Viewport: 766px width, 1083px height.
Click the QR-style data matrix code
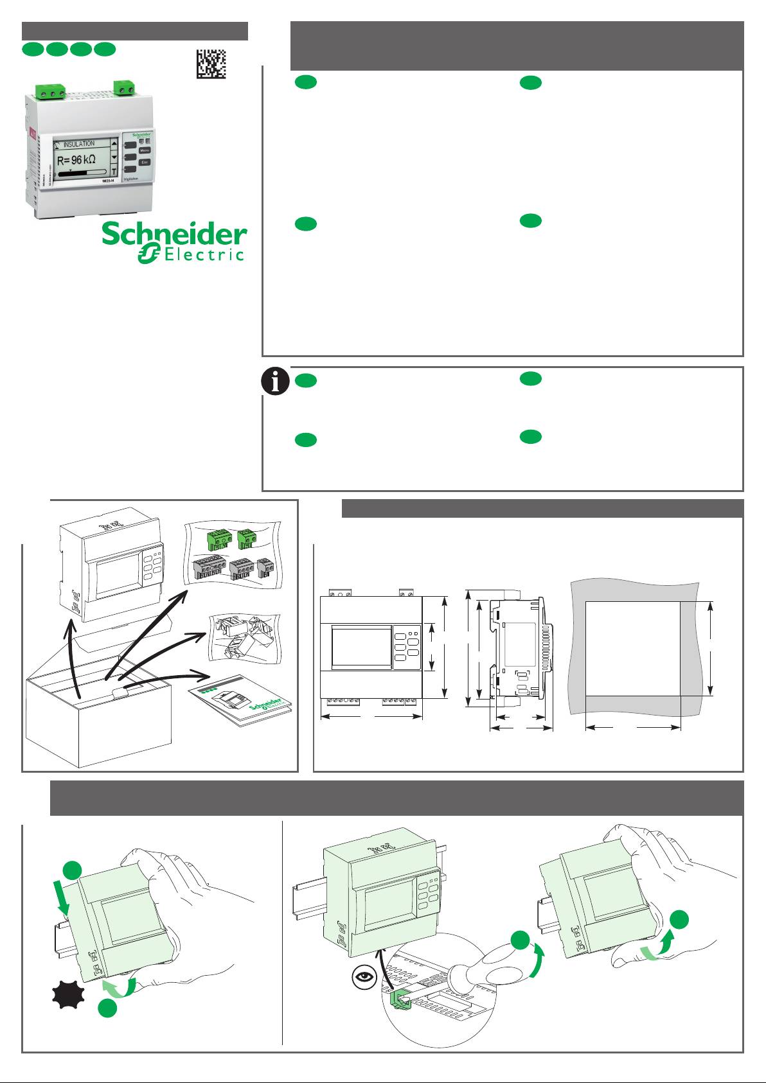pyautogui.click(x=211, y=64)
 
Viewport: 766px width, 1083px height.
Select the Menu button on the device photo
pyautogui.click(x=145, y=150)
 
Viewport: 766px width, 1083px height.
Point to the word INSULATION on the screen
pyautogui.click(x=78, y=144)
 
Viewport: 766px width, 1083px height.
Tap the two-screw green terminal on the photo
pyautogui.click(x=123, y=87)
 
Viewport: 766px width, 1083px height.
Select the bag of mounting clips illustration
pyautogui.click(x=244, y=639)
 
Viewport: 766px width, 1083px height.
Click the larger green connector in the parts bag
pyautogui.click(x=218, y=540)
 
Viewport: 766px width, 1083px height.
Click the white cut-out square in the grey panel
pyautogui.click(x=632, y=649)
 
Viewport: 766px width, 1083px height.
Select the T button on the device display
pyautogui.click(x=114, y=172)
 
